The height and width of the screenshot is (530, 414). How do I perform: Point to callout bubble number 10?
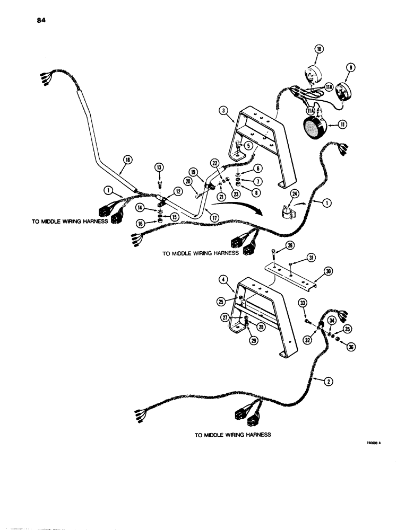pos(319,49)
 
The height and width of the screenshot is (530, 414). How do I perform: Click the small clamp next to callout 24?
pos(287,212)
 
